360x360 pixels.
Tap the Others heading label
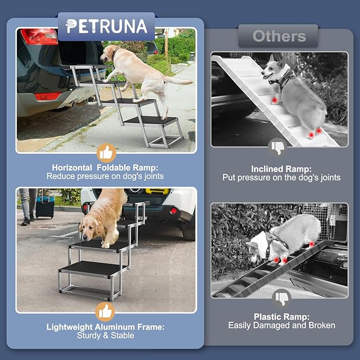point(279,36)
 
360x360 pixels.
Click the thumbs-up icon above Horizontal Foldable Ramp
point(107,153)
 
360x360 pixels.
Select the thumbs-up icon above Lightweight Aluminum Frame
point(107,311)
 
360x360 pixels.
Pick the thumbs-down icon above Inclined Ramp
point(279,146)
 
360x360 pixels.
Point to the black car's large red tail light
point(39,37)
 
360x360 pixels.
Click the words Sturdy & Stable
point(106,336)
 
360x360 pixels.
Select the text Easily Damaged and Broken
point(282,326)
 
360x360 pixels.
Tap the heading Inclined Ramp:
point(281,169)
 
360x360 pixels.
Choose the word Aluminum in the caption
point(105,327)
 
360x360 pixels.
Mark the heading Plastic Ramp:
point(282,317)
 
